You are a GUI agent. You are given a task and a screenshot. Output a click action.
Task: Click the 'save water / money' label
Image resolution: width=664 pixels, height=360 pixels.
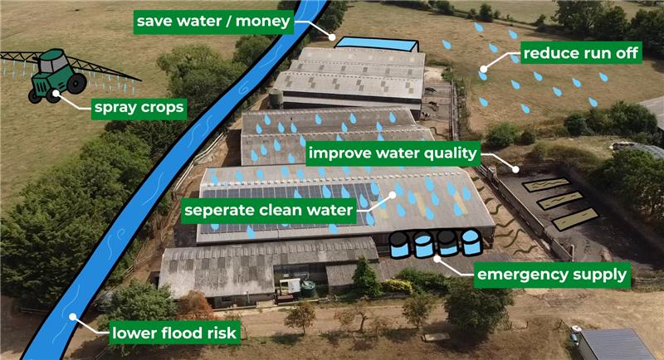pyautogui.click(x=213, y=21)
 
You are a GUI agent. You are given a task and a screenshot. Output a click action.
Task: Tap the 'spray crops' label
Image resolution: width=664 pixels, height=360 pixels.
pyautogui.click(x=139, y=108)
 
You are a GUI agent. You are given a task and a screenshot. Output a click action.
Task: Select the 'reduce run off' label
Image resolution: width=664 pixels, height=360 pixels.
pyautogui.click(x=581, y=53)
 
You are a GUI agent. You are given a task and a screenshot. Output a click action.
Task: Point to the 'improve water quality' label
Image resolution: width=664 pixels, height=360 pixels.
pyautogui.click(x=393, y=153)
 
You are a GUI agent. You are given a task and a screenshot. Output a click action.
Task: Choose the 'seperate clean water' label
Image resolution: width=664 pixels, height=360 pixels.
pyautogui.click(x=269, y=210)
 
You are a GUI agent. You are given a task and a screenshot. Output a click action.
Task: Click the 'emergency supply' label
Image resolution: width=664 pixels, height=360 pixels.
pyautogui.click(x=552, y=275)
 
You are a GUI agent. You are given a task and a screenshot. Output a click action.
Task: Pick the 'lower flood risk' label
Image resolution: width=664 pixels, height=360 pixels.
pyautogui.click(x=174, y=333)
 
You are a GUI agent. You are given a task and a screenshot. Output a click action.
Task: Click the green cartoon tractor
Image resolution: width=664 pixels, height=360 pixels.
pyautogui.click(x=58, y=76)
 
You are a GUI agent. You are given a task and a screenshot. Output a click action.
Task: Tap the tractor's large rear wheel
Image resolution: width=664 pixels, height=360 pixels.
pyautogui.click(x=76, y=83)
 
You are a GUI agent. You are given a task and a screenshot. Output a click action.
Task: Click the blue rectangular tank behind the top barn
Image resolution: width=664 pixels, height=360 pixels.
pyautogui.click(x=376, y=44)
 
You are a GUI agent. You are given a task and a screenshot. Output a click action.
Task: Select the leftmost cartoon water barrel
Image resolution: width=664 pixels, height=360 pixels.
pyautogui.click(x=399, y=244)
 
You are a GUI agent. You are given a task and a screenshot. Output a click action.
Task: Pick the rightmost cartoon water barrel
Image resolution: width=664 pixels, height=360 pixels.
pyautogui.click(x=471, y=242)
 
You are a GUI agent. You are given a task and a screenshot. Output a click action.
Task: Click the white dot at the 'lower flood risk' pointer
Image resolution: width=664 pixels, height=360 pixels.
pyautogui.click(x=73, y=316)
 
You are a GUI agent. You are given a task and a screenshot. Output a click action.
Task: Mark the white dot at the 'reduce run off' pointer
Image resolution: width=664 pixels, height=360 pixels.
pyautogui.click(x=484, y=69)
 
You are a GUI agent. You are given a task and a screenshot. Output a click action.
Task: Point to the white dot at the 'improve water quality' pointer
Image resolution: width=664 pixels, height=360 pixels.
pyautogui.click(x=515, y=169)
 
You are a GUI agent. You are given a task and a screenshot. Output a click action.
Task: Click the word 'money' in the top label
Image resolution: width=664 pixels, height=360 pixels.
pyautogui.click(x=262, y=21)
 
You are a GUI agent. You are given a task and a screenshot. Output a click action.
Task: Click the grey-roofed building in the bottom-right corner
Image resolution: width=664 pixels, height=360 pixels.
pyautogui.click(x=616, y=344)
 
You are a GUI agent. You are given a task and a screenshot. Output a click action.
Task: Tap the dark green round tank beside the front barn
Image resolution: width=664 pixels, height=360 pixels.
pyautogui.click(x=308, y=289)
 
